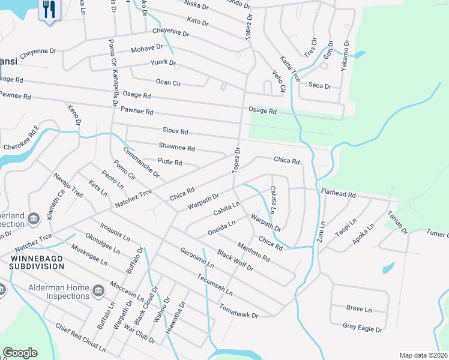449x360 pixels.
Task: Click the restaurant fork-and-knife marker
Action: coord(49,9)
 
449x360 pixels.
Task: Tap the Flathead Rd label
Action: coord(339,195)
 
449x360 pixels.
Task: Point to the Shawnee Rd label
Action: coord(176,148)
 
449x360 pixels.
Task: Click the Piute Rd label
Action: coord(169,162)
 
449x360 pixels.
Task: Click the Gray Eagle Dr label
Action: coord(363,329)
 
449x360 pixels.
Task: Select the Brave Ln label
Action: coord(359,309)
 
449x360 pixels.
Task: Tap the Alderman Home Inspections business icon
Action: coord(98,291)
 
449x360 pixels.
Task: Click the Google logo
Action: coord(20,352)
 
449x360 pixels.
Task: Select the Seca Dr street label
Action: coord(319,86)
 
